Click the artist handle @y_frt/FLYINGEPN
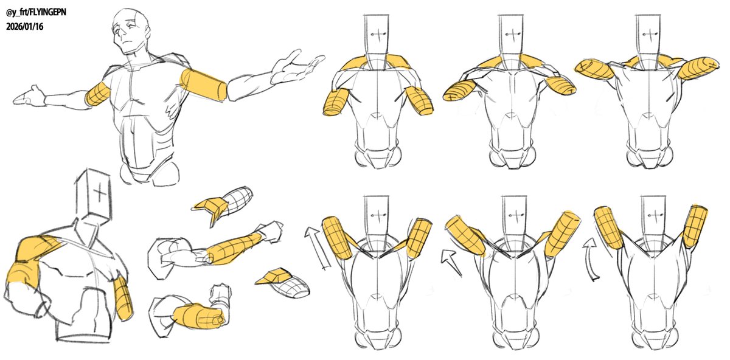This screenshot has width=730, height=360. point(36,13)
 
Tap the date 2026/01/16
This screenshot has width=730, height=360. point(24,27)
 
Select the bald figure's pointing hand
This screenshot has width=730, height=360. point(29,96)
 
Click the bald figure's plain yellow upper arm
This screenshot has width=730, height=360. point(203,85)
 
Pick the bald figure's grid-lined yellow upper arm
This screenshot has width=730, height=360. point(98,94)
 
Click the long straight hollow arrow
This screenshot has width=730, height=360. point(317,247)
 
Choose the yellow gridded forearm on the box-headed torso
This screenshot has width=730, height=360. point(123,298)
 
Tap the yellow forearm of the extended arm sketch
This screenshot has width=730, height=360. point(232,249)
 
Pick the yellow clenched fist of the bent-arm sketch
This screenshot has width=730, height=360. point(200,316)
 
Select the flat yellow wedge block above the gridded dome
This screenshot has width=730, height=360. point(273,276)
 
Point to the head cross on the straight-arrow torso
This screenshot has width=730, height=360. point(377,215)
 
